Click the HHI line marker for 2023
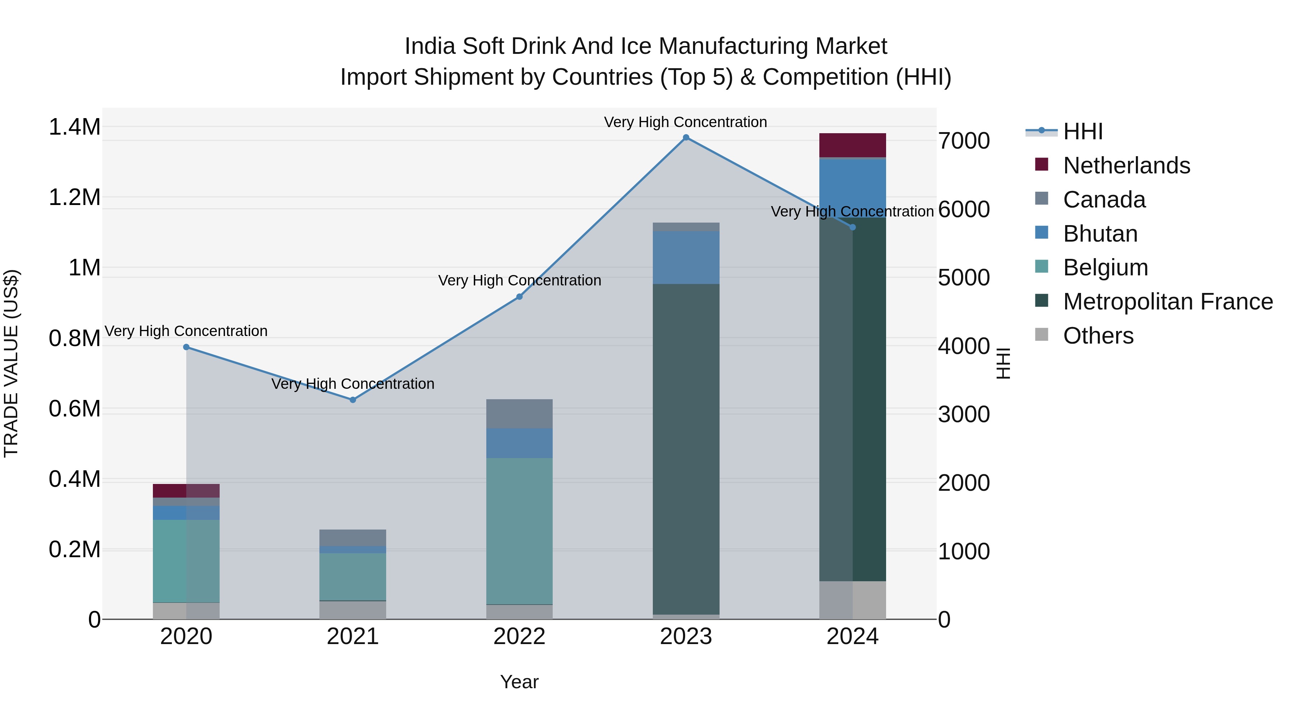click(x=685, y=138)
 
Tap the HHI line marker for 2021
click(x=352, y=400)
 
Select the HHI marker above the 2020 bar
click(x=186, y=347)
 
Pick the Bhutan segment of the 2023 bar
click(x=685, y=257)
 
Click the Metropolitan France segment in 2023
click(x=685, y=449)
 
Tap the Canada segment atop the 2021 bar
click(x=352, y=537)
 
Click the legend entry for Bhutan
click(x=1100, y=234)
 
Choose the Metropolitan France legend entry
click(x=1167, y=302)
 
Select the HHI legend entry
click(x=1082, y=131)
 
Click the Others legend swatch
click(x=1042, y=335)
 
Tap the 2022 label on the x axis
click(x=519, y=637)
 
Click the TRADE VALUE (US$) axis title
click(x=11, y=363)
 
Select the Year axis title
click(x=519, y=682)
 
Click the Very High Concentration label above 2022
click(x=519, y=280)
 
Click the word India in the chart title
click(x=430, y=46)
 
